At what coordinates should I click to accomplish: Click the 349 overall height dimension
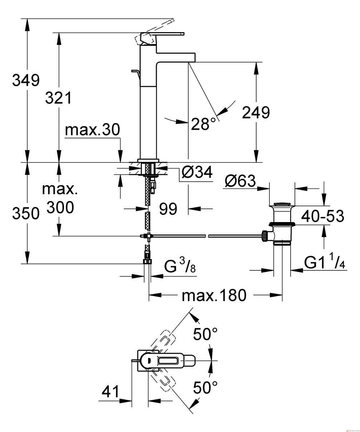pos(26,80)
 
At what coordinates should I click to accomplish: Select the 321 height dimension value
pos(59,98)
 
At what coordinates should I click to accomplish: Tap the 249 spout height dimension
pos(256,113)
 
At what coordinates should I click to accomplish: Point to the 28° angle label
pos(203,124)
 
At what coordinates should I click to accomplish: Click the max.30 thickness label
pos(92,130)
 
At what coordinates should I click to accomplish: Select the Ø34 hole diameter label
pos(197,172)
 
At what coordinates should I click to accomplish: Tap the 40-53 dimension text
pos(322,216)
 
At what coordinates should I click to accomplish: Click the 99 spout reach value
pos(168,209)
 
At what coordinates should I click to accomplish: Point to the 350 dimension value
pos(26,213)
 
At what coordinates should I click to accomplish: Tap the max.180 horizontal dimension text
pos(214,295)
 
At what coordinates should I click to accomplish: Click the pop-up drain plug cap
pos(282,204)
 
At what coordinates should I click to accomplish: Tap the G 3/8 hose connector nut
pos(147,261)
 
